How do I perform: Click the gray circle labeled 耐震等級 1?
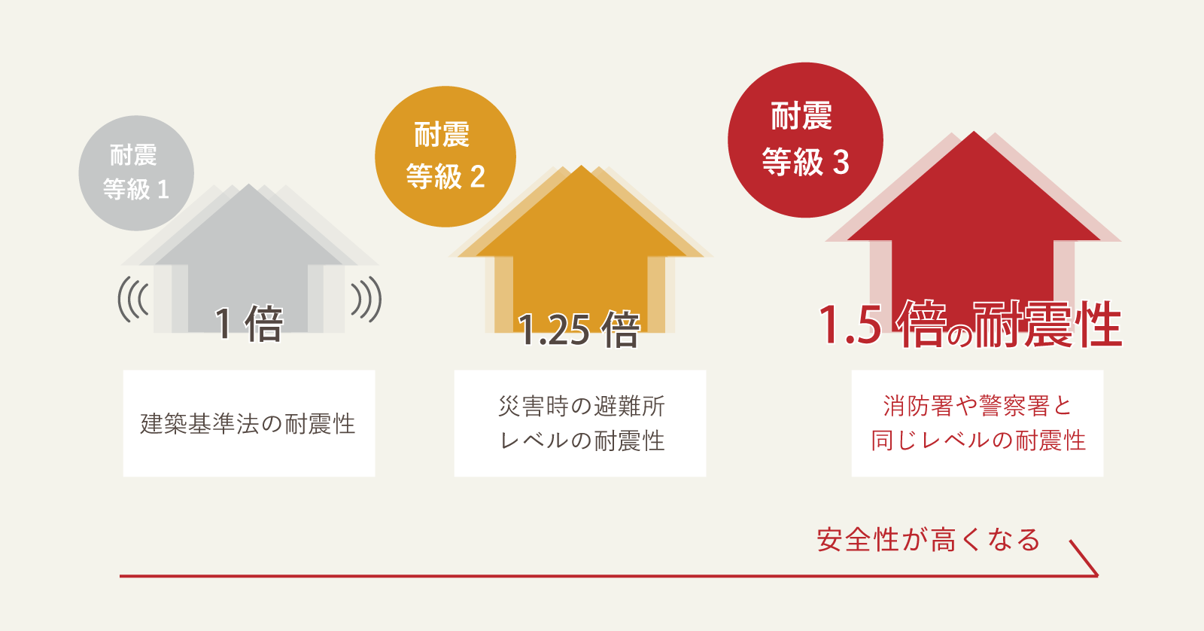[136, 172]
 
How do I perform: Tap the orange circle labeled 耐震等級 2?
[445, 157]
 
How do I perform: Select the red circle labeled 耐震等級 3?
[805, 140]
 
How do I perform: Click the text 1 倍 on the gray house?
[248, 325]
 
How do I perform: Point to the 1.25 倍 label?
[579, 330]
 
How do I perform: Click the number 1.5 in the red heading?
[850, 326]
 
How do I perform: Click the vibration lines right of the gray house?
[366, 300]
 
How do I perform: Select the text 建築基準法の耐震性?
[248, 424]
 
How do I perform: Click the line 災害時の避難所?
[582, 407]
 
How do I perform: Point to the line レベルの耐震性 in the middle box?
[582, 440]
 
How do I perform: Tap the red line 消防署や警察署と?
[977, 407]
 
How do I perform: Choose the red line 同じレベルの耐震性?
[977, 440]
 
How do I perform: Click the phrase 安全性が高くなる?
[929, 540]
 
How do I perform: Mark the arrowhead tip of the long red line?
[1096, 575]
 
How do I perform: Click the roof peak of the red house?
[974, 134]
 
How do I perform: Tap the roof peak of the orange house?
[581, 168]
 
